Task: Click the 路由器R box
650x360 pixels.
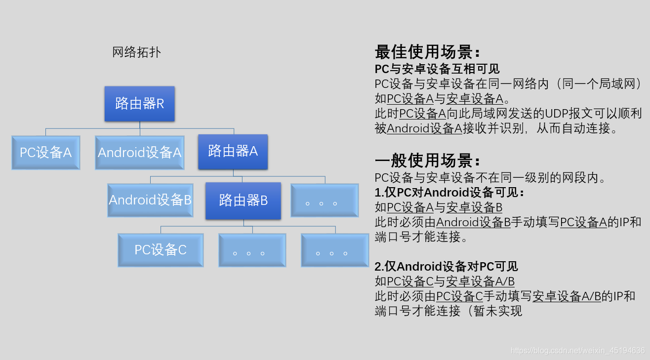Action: [139, 104]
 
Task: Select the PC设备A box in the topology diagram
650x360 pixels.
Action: [45, 153]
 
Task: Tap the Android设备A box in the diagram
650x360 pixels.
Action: [139, 153]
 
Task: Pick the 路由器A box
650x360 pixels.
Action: [233, 152]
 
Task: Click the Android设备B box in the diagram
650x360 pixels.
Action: [150, 200]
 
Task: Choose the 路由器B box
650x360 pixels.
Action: [243, 200]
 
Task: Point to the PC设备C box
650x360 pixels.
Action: [161, 250]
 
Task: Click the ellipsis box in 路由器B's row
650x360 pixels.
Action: [324, 200]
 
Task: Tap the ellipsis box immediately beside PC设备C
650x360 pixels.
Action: [252, 250]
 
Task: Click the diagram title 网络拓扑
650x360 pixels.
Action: [136, 52]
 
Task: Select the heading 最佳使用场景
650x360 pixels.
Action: [427, 52]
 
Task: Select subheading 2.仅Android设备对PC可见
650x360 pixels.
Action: [446, 267]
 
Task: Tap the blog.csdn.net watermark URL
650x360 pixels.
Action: [577, 351]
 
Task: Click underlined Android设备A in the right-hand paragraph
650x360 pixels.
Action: [424, 128]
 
